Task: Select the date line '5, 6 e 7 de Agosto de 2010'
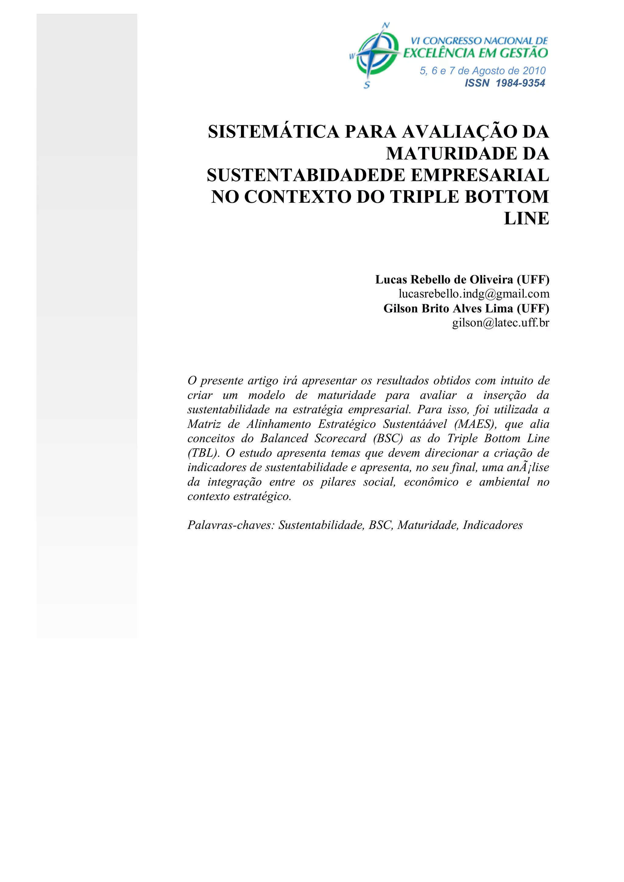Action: tap(483, 71)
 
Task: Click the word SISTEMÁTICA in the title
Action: tap(274, 132)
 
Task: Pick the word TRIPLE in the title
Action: tap(424, 197)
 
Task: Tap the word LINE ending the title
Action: tap(526, 219)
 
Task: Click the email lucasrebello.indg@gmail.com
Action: tap(474, 294)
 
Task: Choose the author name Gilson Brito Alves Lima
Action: tap(448, 309)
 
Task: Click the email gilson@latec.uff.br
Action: tap(500, 323)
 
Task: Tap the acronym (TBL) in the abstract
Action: tap(203, 453)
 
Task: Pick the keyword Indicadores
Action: tap(493, 525)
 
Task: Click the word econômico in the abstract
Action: tap(431, 482)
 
